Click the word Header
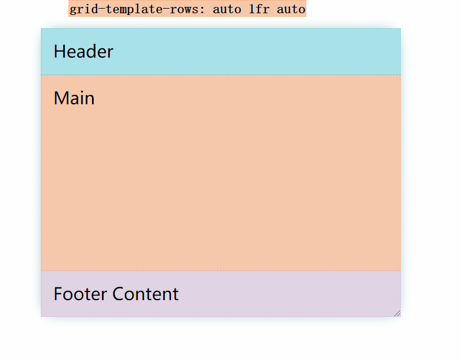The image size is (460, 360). click(x=83, y=52)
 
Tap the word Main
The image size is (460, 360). click(x=74, y=98)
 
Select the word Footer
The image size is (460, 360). click(x=81, y=294)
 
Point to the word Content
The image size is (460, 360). click(x=146, y=294)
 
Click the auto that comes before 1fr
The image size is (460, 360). click(x=227, y=9)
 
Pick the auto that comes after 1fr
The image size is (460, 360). click(x=291, y=9)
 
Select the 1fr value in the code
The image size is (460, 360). click(x=259, y=9)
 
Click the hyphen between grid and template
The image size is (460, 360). click(x=102, y=10)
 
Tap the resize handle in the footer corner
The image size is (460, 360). click(x=397, y=313)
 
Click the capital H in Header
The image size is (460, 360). click(x=59, y=52)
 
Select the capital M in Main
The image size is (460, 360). click(x=61, y=98)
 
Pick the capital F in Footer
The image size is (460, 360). click(x=58, y=294)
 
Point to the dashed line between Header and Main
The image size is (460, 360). click(x=221, y=75)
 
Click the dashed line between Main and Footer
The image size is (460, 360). click(x=221, y=271)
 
